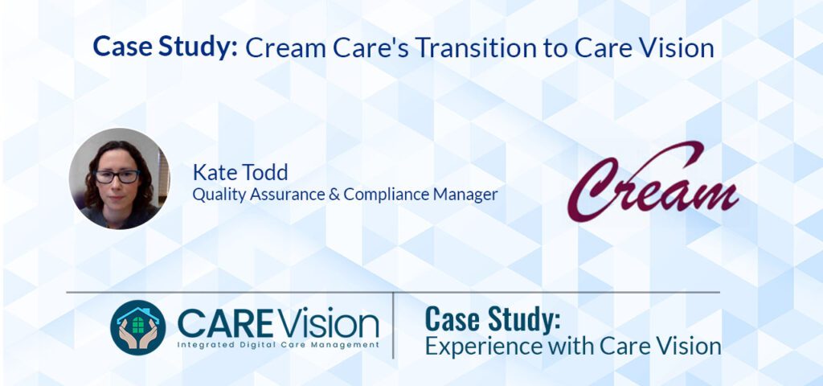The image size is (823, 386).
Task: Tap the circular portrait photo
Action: pos(120,179)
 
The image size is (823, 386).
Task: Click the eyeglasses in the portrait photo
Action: pos(117,176)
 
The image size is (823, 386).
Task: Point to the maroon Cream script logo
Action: pos(652,183)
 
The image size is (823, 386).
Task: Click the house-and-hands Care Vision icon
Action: pos(137,327)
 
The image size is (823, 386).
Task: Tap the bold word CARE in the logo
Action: pos(222,323)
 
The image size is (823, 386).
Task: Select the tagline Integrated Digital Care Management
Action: pos(278,344)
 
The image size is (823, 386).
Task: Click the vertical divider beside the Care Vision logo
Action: pos(393,325)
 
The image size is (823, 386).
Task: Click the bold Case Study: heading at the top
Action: pos(165,47)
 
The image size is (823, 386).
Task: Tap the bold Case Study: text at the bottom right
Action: pos(492,319)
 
